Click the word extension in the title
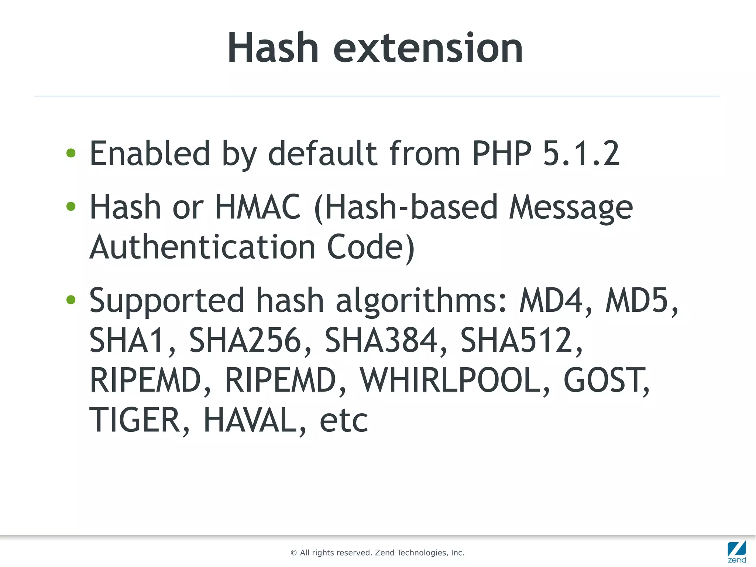[x=428, y=48]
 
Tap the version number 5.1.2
[x=581, y=153]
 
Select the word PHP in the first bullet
[x=502, y=153]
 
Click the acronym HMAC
[x=258, y=207]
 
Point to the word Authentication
[x=202, y=247]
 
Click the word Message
[x=571, y=207]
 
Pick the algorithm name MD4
[x=551, y=300]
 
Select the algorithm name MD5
[x=637, y=300]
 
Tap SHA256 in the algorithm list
[x=245, y=340]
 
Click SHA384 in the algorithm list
[x=381, y=340]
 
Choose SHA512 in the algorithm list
[x=516, y=340]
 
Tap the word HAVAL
[x=250, y=420]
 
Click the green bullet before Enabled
[x=71, y=153]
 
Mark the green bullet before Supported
[x=71, y=300]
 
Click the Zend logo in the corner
[x=737, y=551]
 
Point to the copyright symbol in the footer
[x=294, y=553]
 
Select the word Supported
[x=167, y=300]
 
